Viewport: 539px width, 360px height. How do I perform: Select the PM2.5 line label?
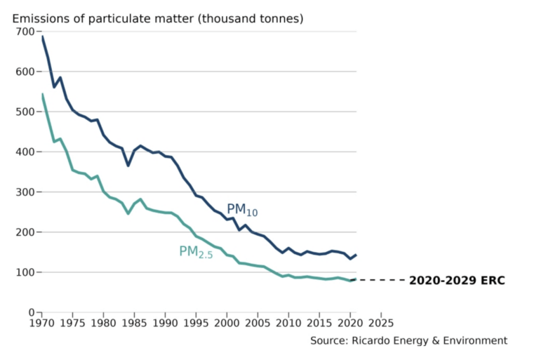[195, 252]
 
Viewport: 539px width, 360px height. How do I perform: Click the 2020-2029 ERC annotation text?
[457, 281]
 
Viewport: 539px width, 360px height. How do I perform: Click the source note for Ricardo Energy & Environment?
[408, 340]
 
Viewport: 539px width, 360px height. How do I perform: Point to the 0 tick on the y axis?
[31, 312]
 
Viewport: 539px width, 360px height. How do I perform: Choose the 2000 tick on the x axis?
[227, 324]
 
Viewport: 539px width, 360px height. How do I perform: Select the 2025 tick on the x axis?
[380, 324]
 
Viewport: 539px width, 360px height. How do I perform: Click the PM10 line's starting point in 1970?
[42, 37]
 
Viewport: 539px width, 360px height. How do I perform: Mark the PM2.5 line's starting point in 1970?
[42, 95]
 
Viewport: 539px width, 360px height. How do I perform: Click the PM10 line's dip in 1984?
[128, 166]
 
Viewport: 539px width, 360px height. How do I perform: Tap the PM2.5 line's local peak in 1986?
[140, 199]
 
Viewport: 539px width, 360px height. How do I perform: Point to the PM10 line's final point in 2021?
[356, 255]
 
